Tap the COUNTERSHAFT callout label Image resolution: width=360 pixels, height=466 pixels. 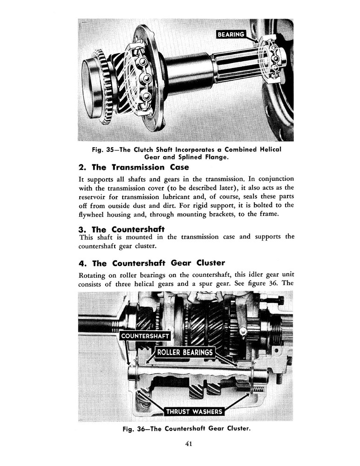click(x=145, y=336)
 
